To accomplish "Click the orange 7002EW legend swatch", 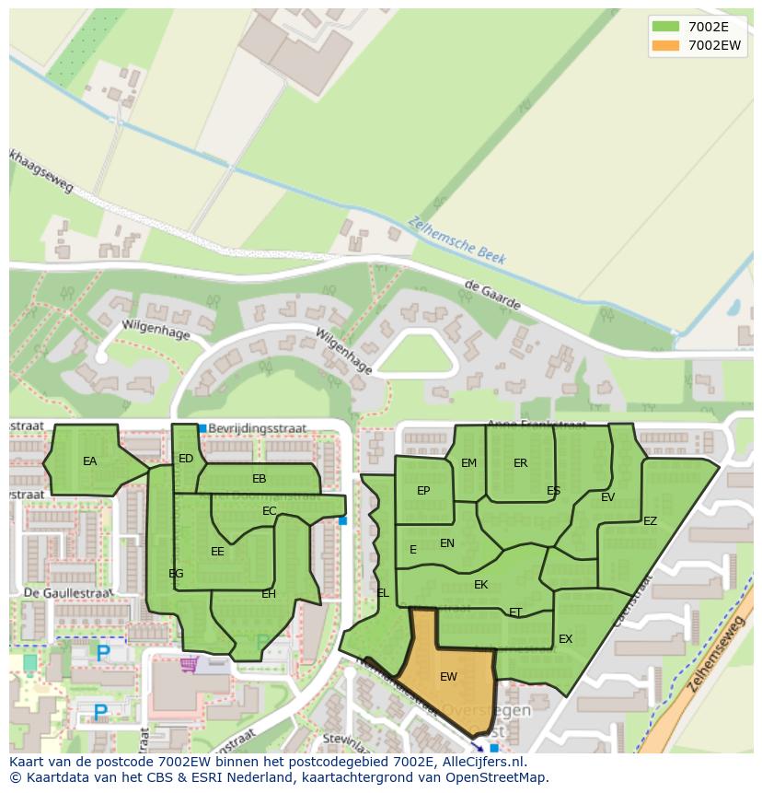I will pos(665,45).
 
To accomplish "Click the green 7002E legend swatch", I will pos(665,26).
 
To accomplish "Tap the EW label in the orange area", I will pos(448,677).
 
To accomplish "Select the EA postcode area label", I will pos(89,461).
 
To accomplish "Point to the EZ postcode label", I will pos(650,521).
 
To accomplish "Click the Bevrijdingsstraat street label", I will pos(257,428).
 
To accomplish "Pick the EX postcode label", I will pos(565,639).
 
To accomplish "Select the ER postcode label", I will pos(520,463).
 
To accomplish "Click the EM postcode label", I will pos(469,463).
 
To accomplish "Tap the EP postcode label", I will pos(423,491).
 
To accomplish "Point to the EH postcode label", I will pos(269,594).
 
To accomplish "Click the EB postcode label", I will pos(259,479).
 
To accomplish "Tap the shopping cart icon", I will pos(190,663).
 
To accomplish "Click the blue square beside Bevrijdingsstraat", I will pos(202,428).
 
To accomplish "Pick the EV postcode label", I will pos(607,497).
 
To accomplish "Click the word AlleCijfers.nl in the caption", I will pos(480,762).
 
